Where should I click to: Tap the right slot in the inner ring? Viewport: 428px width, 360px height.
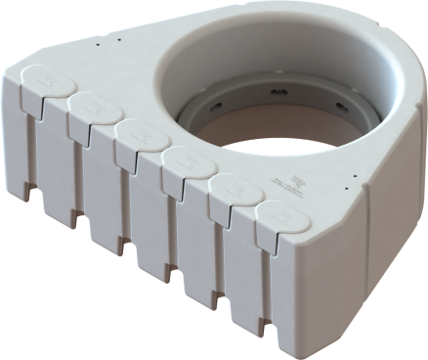click(339, 105)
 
